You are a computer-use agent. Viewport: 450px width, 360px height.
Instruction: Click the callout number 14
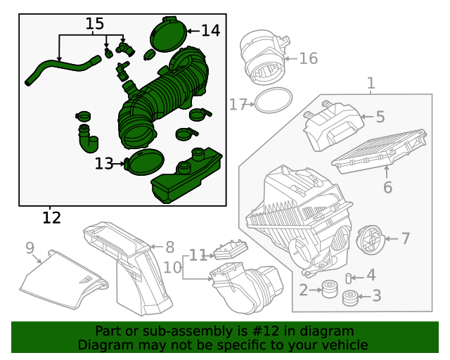210,30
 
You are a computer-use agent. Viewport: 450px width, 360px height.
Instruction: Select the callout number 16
309,58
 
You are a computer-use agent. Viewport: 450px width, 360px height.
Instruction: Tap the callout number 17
237,105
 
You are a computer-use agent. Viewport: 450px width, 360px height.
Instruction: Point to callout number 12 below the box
51,217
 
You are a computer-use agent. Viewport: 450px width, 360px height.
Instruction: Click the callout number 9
30,247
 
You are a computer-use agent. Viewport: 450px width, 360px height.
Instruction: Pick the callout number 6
387,187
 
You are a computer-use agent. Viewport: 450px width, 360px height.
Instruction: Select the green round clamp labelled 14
168,35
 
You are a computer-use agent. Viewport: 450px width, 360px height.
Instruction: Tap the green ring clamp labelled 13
145,162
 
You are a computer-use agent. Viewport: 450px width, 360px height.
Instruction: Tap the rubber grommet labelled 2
328,289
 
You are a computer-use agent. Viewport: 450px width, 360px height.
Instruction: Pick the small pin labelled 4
348,278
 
